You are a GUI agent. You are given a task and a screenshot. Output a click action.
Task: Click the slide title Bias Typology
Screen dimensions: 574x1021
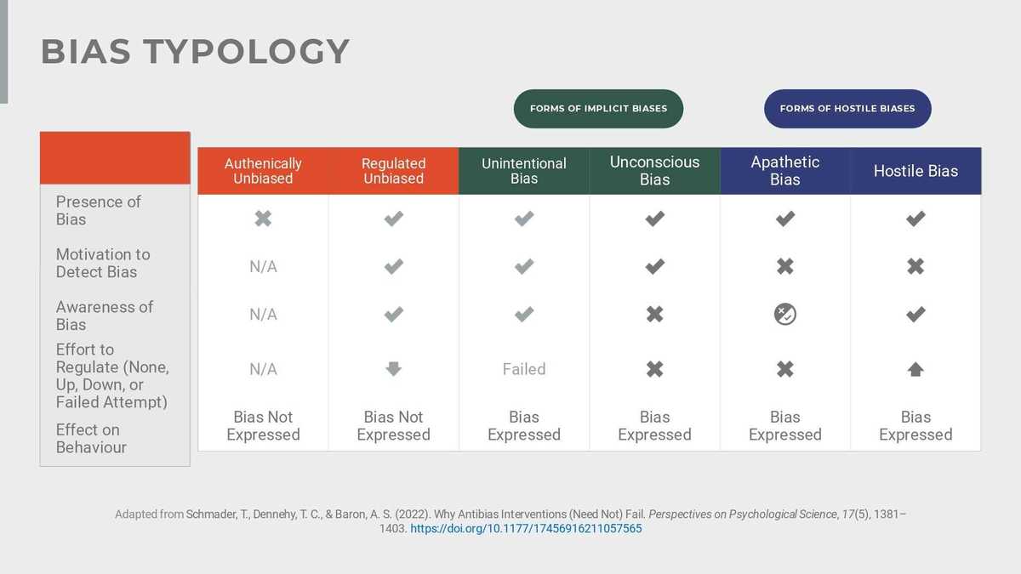pyautogui.click(x=195, y=52)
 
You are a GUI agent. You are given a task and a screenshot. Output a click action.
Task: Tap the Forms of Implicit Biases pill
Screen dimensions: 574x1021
pyautogui.click(x=598, y=109)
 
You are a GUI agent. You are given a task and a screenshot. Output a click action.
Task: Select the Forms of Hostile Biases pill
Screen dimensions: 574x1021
pyautogui.click(x=847, y=109)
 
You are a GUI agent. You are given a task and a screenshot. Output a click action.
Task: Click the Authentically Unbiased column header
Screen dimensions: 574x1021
pyautogui.click(x=263, y=171)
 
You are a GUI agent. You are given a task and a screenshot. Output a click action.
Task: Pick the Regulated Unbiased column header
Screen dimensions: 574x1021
pyautogui.click(x=393, y=171)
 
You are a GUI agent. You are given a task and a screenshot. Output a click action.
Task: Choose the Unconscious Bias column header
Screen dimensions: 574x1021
pyautogui.click(x=654, y=171)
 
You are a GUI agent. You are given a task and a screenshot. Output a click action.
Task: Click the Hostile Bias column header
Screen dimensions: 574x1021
pyautogui.click(x=915, y=171)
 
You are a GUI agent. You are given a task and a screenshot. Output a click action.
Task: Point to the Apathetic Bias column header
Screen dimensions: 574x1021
pyautogui.click(x=784, y=171)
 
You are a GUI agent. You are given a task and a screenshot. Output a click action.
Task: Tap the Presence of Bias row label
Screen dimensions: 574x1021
pyautogui.click(x=98, y=210)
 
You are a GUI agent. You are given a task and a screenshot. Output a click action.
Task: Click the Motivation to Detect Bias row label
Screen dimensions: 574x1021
pyautogui.click(x=102, y=263)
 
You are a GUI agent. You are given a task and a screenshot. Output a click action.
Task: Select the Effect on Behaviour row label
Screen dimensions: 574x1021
pyautogui.click(x=91, y=438)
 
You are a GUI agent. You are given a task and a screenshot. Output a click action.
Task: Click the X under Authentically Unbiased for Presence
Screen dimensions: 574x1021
pyautogui.click(x=263, y=219)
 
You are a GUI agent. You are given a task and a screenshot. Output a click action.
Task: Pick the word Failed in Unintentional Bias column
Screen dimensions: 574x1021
pyautogui.click(x=524, y=369)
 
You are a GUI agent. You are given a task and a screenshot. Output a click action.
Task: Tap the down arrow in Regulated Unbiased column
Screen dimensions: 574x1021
pyautogui.click(x=393, y=369)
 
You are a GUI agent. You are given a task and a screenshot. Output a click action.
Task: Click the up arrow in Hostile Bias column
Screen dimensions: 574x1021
pyautogui.click(x=915, y=369)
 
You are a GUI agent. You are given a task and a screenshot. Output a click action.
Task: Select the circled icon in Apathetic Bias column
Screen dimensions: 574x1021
pyautogui.click(x=784, y=315)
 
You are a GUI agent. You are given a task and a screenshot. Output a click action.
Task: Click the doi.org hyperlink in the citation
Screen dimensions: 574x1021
pyautogui.click(x=526, y=528)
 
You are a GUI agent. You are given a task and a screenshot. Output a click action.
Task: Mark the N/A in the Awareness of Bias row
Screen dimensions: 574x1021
pyautogui.click(x=263, y=315)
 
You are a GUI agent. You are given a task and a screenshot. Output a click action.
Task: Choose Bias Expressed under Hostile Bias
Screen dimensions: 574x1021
pyautogui.click(x=915, y=425)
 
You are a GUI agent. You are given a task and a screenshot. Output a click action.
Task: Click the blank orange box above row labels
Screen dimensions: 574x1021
pyautogui.click(x=115, y=158)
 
